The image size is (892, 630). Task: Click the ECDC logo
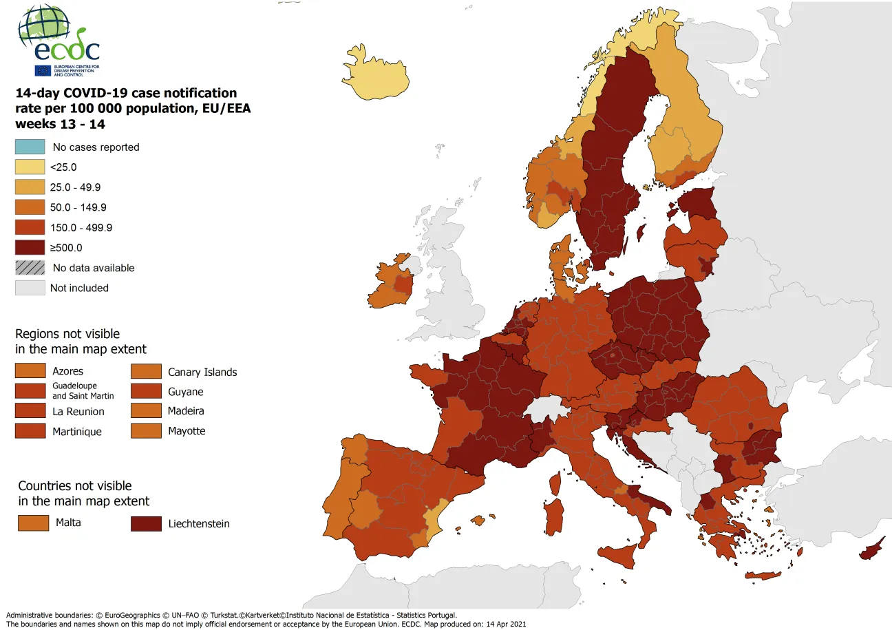click(59, 41)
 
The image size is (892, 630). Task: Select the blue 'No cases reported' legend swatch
click(30, 147)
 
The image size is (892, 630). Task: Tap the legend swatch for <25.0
click(30, 167)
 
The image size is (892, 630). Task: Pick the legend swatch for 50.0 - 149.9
click(30, 207)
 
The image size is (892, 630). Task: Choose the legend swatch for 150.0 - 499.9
click(30, 227)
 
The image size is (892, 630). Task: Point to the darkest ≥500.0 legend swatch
click(30, 247)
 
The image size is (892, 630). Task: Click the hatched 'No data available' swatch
click(30, 268)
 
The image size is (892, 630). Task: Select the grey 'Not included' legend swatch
click(30, 288)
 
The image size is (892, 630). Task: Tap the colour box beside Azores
click(30, 371)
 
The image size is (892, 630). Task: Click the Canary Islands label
click(202, 372)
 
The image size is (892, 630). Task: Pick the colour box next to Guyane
click(146, 392)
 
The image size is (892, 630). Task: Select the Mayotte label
click(187, 432)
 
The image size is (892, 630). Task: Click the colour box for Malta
click(33, 523)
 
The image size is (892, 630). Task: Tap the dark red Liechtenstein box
click(146, 524)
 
